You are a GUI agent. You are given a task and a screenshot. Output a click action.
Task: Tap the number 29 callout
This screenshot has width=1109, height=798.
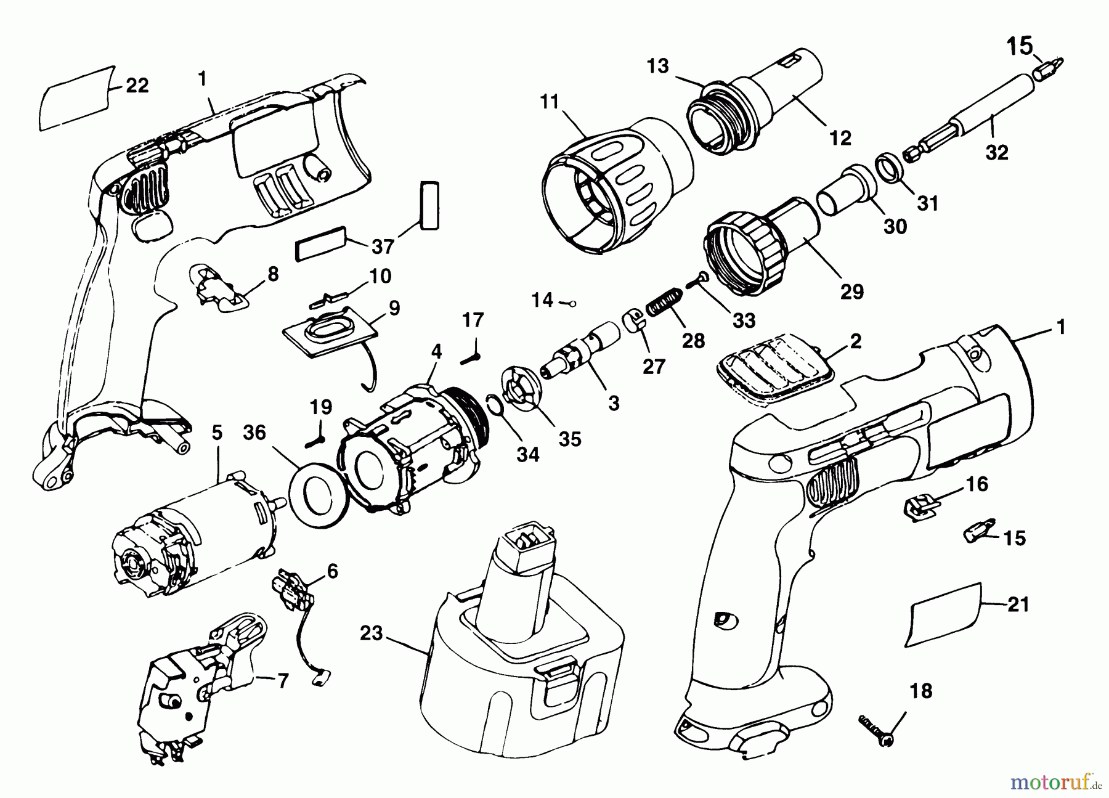click(x=852, y=291)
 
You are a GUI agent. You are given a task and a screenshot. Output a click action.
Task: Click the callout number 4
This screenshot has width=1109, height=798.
click(x=436, y=352)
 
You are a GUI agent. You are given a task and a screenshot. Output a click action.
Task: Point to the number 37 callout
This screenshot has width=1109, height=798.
click(x=383, y=246)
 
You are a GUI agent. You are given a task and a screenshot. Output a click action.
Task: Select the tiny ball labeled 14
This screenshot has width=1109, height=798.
click(x=572, y=303)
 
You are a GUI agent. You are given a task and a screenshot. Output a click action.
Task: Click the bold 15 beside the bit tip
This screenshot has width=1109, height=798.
click(x=1019, y=47)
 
